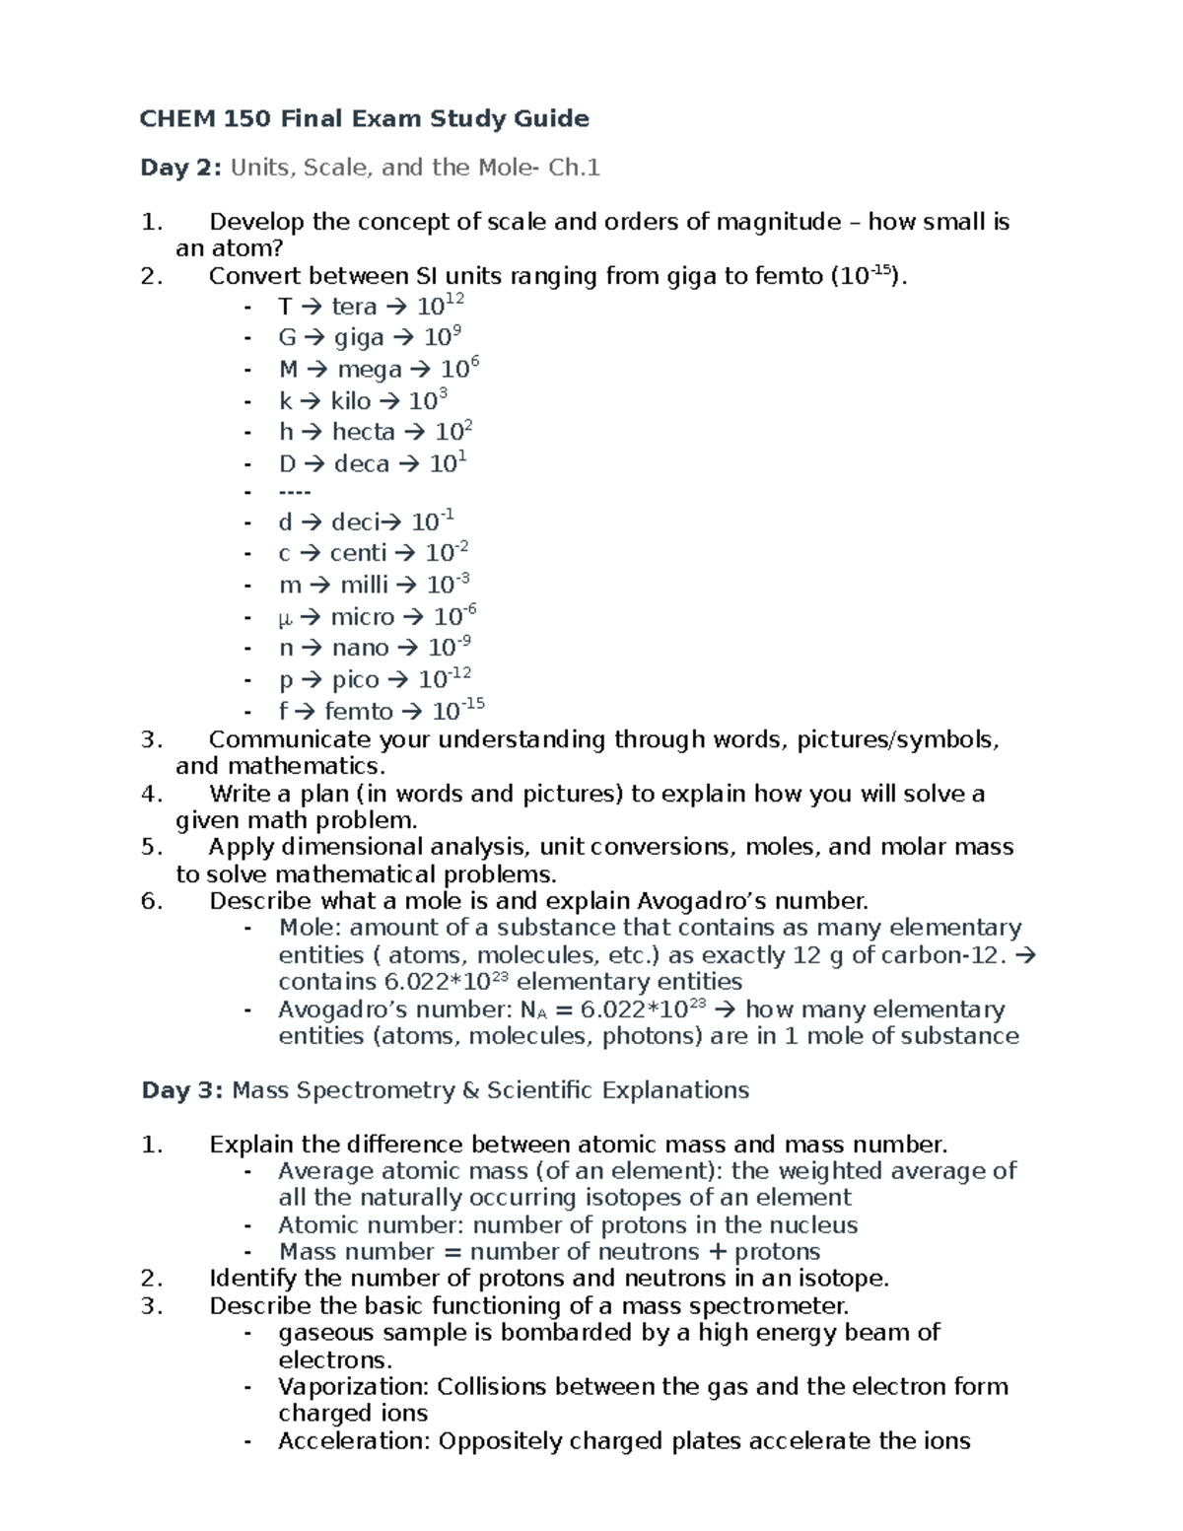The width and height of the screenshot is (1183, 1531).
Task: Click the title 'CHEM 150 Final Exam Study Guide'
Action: [x=364, y=119]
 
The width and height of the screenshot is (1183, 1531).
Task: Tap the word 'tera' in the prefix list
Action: [x=354, y=308]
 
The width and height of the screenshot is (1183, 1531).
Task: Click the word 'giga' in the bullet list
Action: [x=359, y=338]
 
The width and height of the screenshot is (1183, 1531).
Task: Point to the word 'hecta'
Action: [x=363, y=432]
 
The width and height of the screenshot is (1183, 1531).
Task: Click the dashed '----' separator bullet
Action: [x=295, y=492]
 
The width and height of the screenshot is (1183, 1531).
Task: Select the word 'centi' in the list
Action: [x=358, y=553]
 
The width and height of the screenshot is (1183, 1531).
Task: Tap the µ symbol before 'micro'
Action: [x=286, y=618]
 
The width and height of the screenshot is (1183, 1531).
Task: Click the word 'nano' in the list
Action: [x=360, y=648]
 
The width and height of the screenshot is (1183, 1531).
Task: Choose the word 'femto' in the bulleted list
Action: [x=358, y=712]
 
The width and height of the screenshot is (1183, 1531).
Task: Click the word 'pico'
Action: [x=355, y=680]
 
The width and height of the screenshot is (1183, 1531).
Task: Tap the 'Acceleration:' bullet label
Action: [x=354, y=1441]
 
